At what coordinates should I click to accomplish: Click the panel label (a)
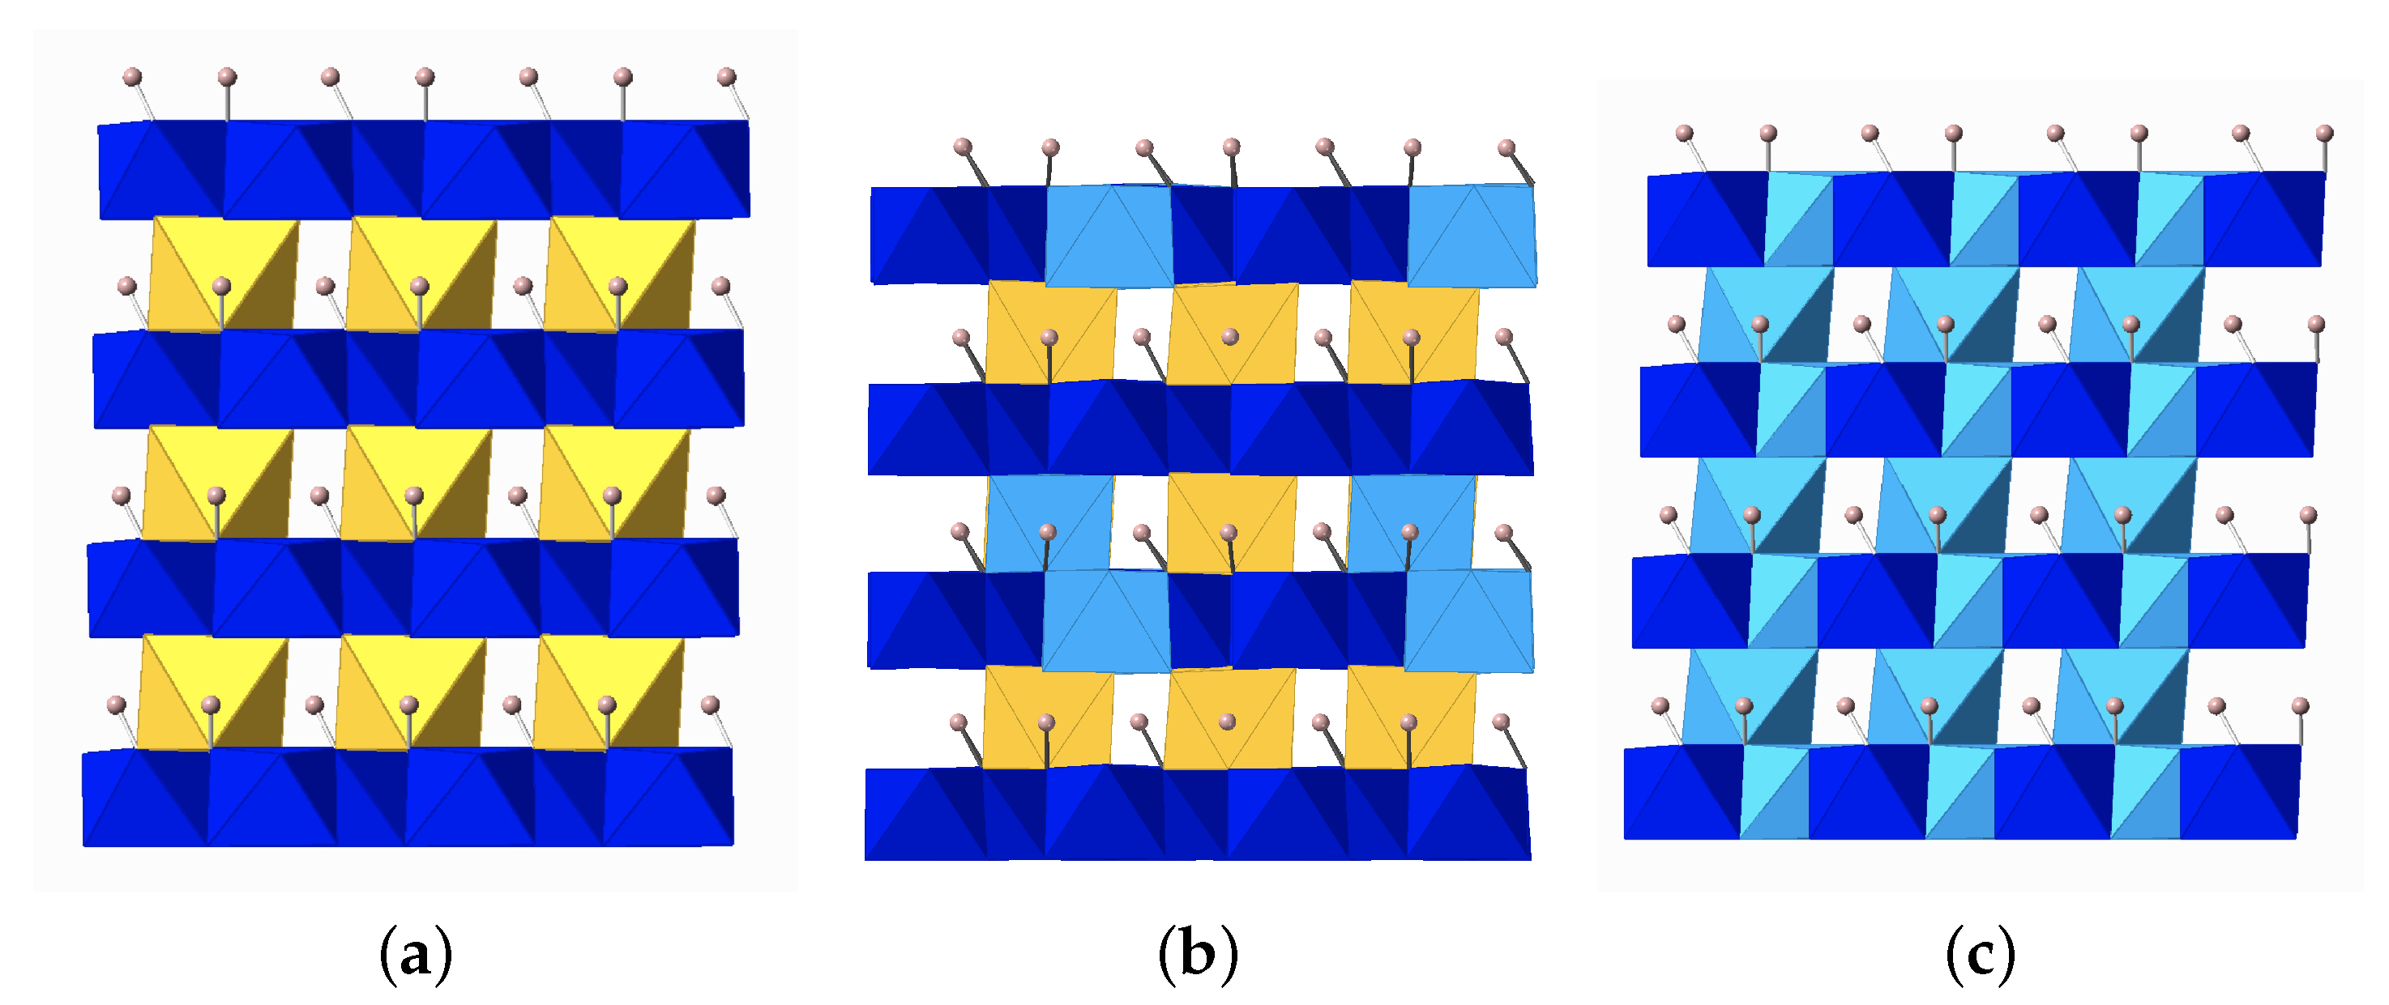[x=416, y=955]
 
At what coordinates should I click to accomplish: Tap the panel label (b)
[x=1197, y=955]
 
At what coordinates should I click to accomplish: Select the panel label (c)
[x=1980, y=955]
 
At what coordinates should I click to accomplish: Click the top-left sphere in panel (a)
[x=133, y=76]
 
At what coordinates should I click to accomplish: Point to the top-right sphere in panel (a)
[x=726, y=76]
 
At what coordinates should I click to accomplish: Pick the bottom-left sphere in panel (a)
[x=116, y=705]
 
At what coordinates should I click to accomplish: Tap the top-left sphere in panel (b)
[x=963, y=147]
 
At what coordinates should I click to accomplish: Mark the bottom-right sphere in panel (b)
[x=1501, y=722]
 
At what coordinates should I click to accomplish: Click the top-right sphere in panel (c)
[x=2324, y=134]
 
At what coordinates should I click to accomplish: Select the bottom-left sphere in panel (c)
[x=1660, y=706]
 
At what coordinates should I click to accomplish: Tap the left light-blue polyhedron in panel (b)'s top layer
[x=1109, y=236]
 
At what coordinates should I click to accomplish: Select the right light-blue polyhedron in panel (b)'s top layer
[x=1471, y=236]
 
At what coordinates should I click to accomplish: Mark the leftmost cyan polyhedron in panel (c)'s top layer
[x=1798, y=219]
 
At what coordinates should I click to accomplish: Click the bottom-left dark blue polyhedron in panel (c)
[x=1681, y=793]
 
